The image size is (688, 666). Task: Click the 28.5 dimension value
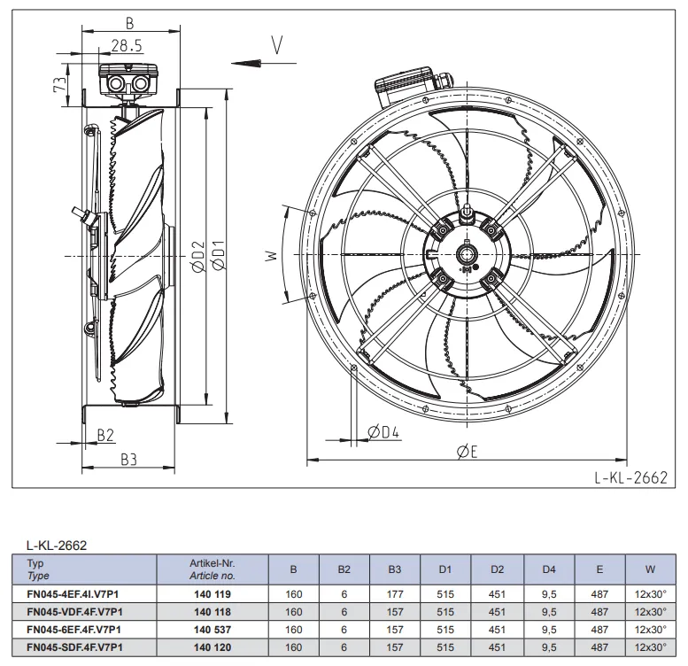tap(127, 46)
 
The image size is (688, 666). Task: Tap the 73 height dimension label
tap(60, 84)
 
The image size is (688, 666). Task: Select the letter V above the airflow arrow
tap(277, 45)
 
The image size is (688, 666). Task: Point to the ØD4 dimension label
tap(383, 432)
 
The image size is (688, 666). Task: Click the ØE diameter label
tap(467, 451)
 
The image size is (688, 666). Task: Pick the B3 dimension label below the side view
tap(129, 460)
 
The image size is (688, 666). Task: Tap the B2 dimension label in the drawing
tap(105, 435)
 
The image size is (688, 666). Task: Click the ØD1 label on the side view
tap(218, 255)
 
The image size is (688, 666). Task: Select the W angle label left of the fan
tap(272, 256)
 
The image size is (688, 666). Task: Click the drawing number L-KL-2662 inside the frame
tap(630, 477)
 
